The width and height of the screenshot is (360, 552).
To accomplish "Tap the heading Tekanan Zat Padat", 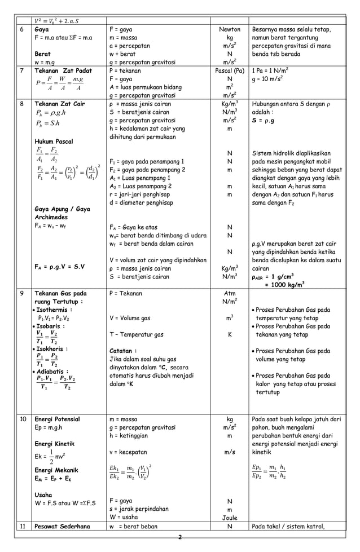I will point(63,71).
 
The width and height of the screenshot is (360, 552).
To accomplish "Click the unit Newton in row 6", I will point(229,29).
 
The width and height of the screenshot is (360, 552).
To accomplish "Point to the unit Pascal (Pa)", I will point(229,71).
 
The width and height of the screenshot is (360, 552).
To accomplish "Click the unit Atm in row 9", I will point(229,293).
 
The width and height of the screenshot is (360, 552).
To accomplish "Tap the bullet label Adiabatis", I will point(54,371).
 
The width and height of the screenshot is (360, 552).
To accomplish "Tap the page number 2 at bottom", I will point(179,537).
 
